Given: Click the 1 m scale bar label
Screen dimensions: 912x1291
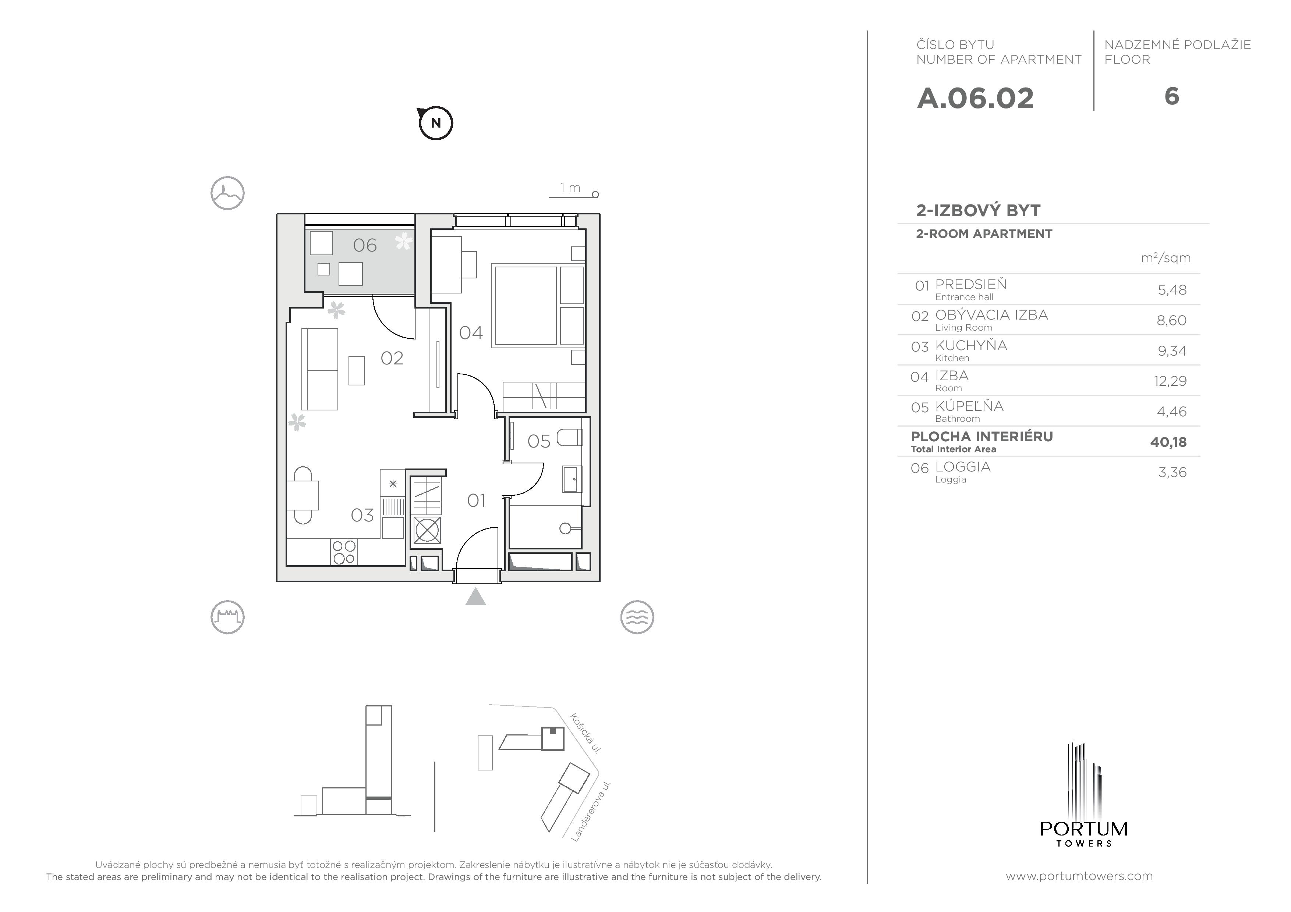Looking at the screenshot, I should click(570, 188).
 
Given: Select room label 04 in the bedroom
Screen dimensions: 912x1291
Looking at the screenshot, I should click(471, 333).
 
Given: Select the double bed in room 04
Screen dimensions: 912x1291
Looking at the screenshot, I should click(525, 305).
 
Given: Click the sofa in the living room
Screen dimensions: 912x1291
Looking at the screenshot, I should click(319, 368).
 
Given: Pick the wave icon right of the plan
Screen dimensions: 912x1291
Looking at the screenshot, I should click(637, 617).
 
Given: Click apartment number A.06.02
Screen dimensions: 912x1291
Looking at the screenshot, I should click(975, 98).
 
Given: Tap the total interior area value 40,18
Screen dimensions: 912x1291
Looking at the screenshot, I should click(1168, 442).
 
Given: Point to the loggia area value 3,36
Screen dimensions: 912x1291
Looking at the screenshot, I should click(1172, 472).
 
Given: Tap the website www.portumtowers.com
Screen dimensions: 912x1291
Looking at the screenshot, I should click(1078, 876).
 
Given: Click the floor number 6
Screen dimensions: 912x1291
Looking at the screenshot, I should click(1171, 97).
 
